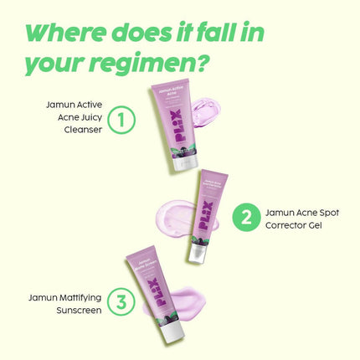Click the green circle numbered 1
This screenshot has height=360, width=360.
(x=122, y=120)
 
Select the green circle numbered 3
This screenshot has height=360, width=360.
(x=122, y=302)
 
